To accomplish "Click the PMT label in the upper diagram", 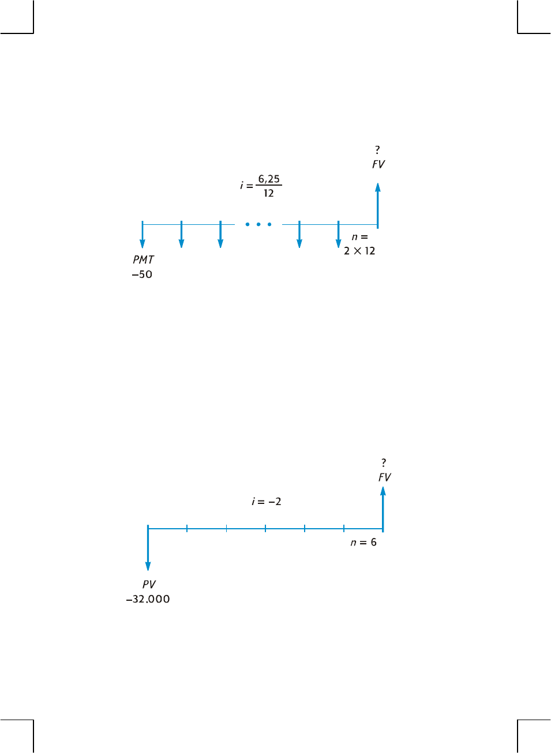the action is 143,260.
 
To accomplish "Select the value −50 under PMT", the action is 142,274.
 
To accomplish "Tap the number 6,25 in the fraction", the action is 269,179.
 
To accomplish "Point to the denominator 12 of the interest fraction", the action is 268,193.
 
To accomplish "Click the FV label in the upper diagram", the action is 378,164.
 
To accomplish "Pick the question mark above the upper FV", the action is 377,149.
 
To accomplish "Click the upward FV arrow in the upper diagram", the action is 378,206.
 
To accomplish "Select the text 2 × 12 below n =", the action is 359,251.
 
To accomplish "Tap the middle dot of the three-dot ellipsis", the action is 258,224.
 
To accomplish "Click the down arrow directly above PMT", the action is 143,235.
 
